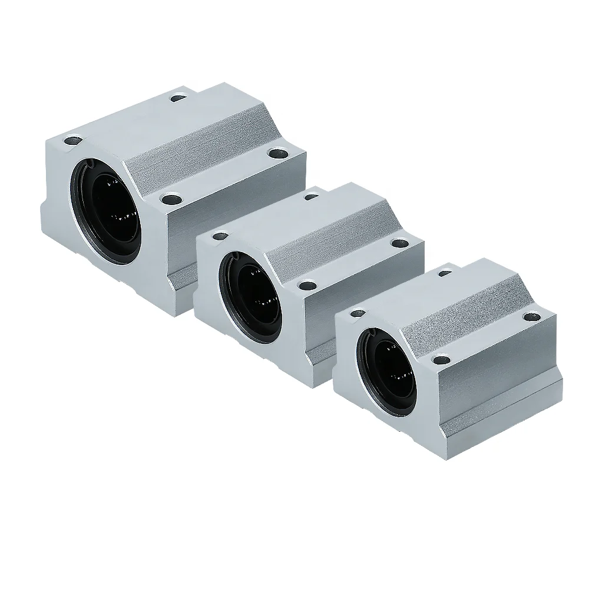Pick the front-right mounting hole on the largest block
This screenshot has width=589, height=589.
click(x=171, y=199)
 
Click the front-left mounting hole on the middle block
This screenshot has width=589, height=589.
click(x=220, y=237)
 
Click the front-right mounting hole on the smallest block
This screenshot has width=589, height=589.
click(x=440, y=358)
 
